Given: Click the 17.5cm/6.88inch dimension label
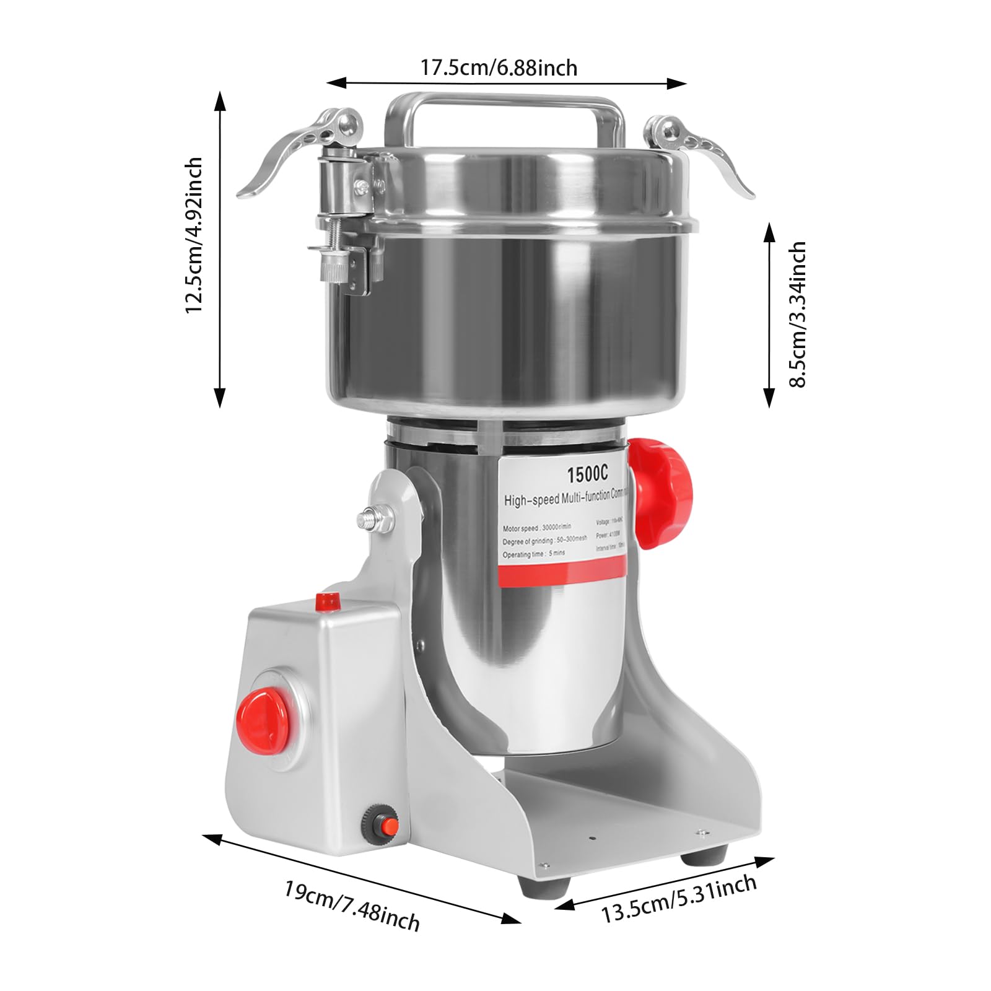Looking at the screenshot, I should (499, 67).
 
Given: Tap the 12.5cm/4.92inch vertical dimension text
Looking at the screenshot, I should (194, 235).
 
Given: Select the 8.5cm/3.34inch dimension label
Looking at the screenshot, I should (798, 315).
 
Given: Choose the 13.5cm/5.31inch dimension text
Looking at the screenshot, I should (679, 898).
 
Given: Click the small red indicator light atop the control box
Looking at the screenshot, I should (328, 600).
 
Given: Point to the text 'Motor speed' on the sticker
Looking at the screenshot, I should (520, 529).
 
